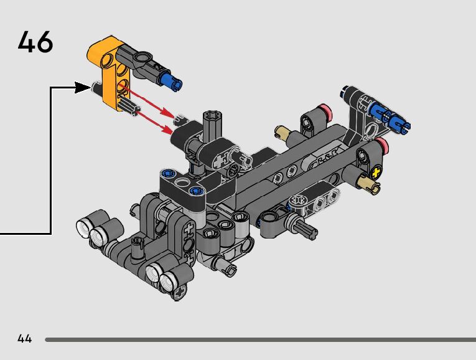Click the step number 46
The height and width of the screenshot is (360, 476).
pyautogui.click(x=35, y=42)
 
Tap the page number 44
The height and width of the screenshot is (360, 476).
pyautogui.click(x=25, y=338)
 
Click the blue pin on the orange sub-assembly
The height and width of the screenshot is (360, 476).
pyautogui.click(x=172, y=80)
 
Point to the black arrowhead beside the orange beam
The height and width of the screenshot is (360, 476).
pyautogui.click(x=83, y=87)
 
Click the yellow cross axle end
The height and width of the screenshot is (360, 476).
pyautogui.click(x=376, y=173)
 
